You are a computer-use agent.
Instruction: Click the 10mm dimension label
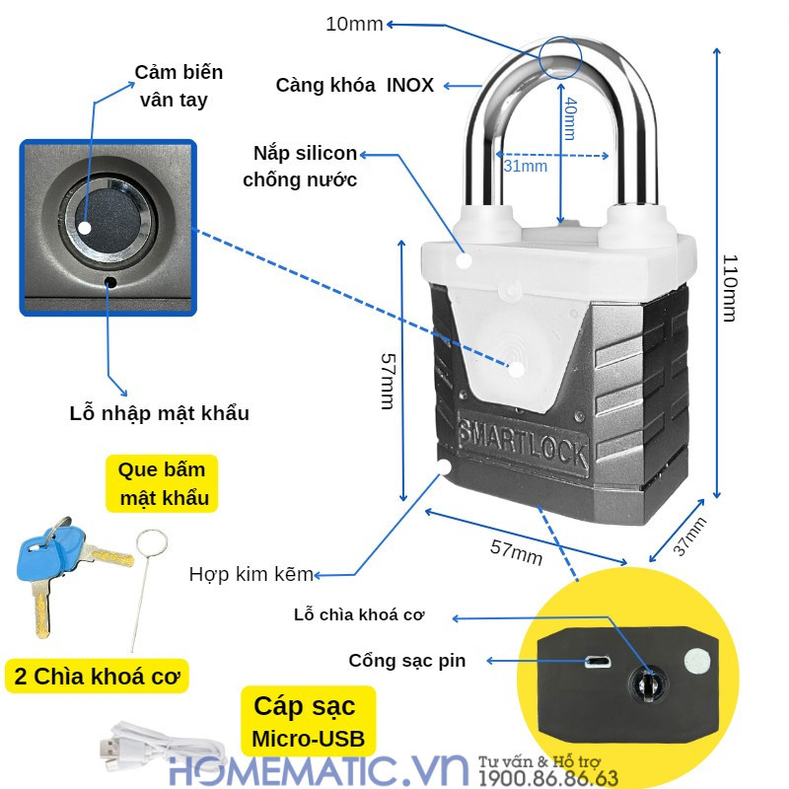click(x=354, y=24)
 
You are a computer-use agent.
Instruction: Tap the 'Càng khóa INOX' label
click(x=354, y=85)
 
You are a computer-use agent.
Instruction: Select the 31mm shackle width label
click(x=525, y=167)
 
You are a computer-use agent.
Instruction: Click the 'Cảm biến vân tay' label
click(x=179, y=86)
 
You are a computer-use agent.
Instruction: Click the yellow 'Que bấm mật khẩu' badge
click(x=163, y=483)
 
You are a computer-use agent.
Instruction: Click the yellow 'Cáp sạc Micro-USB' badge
click(x=308, y=721)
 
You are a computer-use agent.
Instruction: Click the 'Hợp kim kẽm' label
click(x=251, y=574)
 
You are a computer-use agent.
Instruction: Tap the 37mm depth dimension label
click(x=689, y=538)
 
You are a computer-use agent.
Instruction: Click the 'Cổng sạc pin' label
click(x=406, y=661)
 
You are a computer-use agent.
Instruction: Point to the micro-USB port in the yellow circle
click(x=597, y=660)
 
